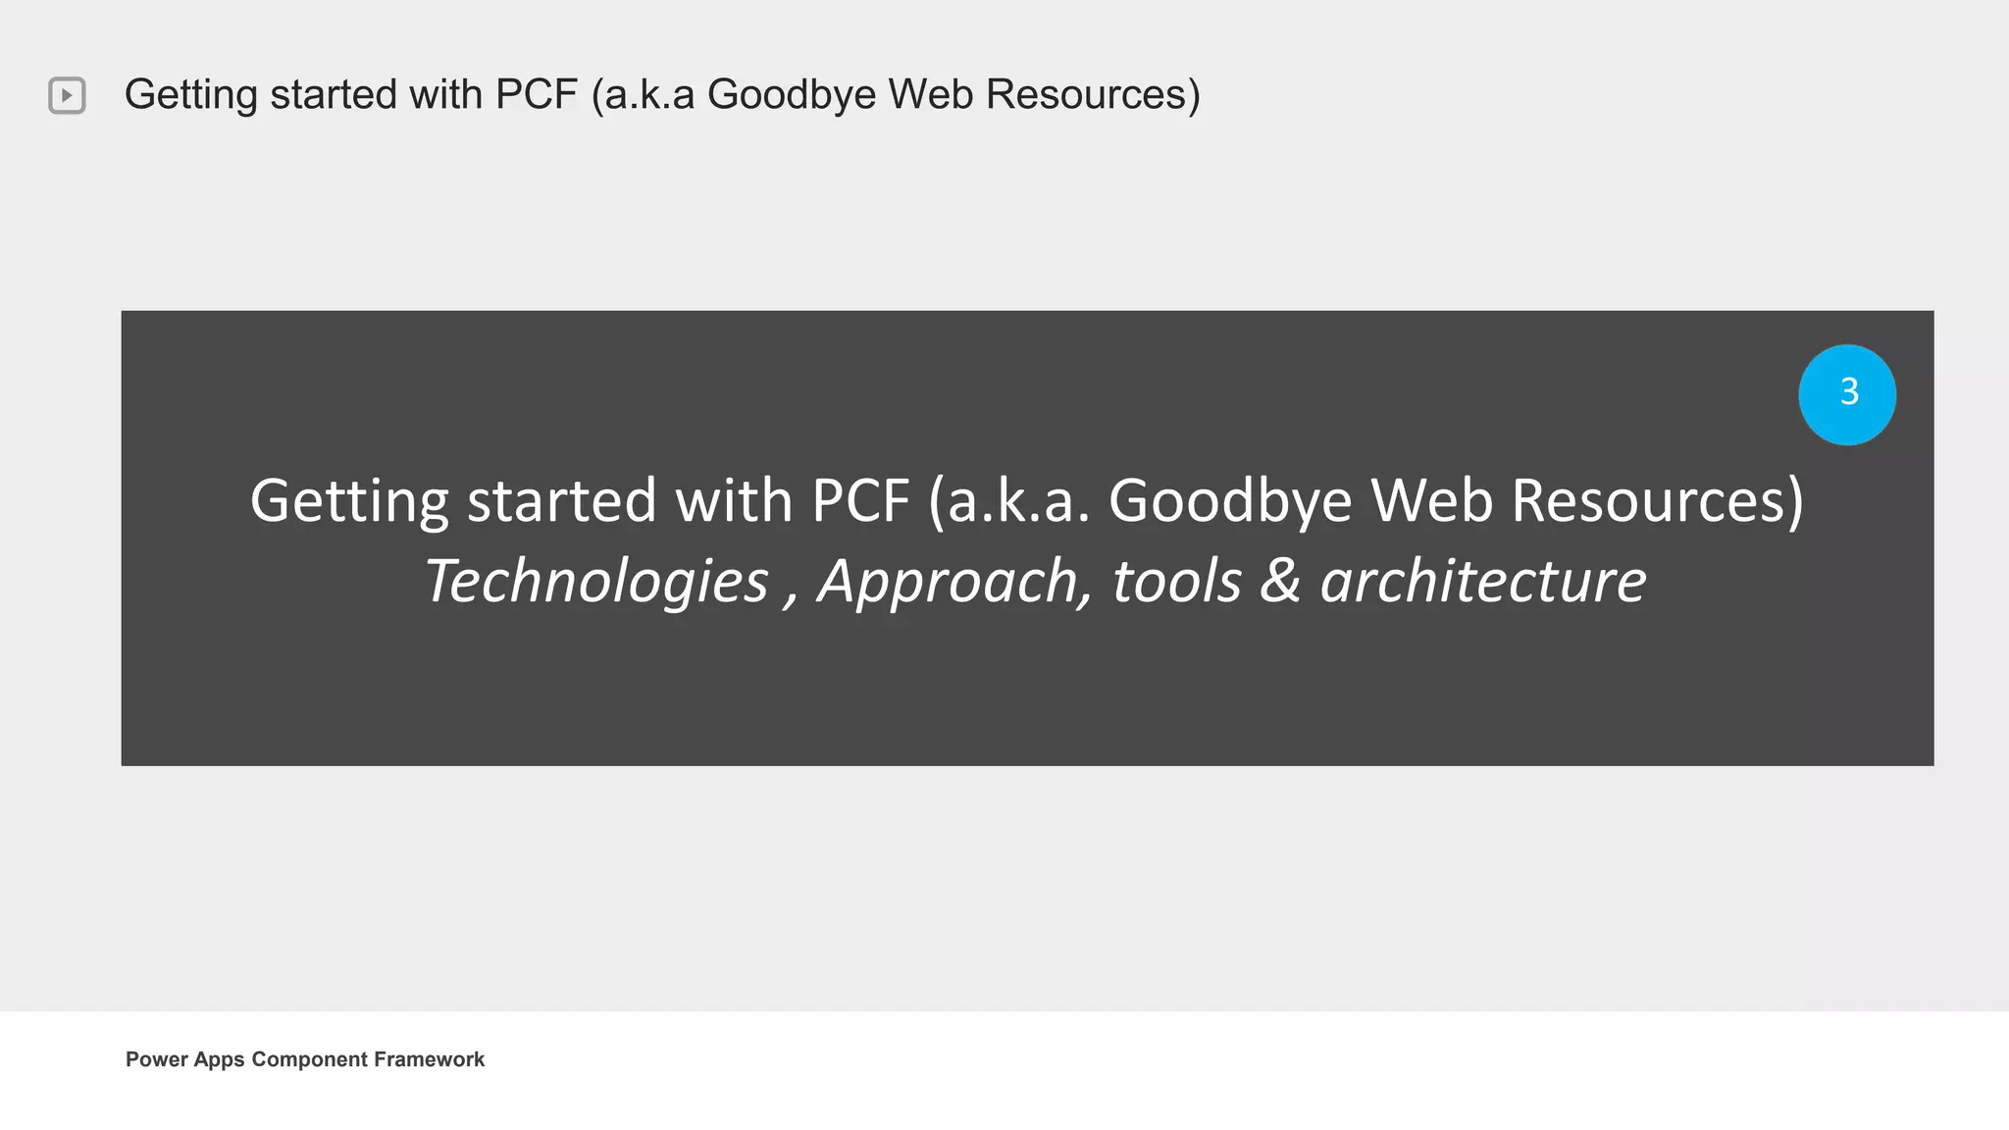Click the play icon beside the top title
tap(67, 95)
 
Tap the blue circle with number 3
tap(1847, 394)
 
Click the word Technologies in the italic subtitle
tap(596, 581)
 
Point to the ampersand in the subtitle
tap(1280, 581)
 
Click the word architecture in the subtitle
tap(1483, 581)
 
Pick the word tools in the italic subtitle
tap(1177, 581)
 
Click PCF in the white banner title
tap(861, 500)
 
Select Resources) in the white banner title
tap(1658, 500)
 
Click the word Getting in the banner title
tap(349, 500)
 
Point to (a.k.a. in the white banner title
tap(1010, 500)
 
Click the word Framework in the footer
tap(429, 1059)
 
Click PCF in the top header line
tap(537, 95)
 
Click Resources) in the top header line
tap(1093, 95)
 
